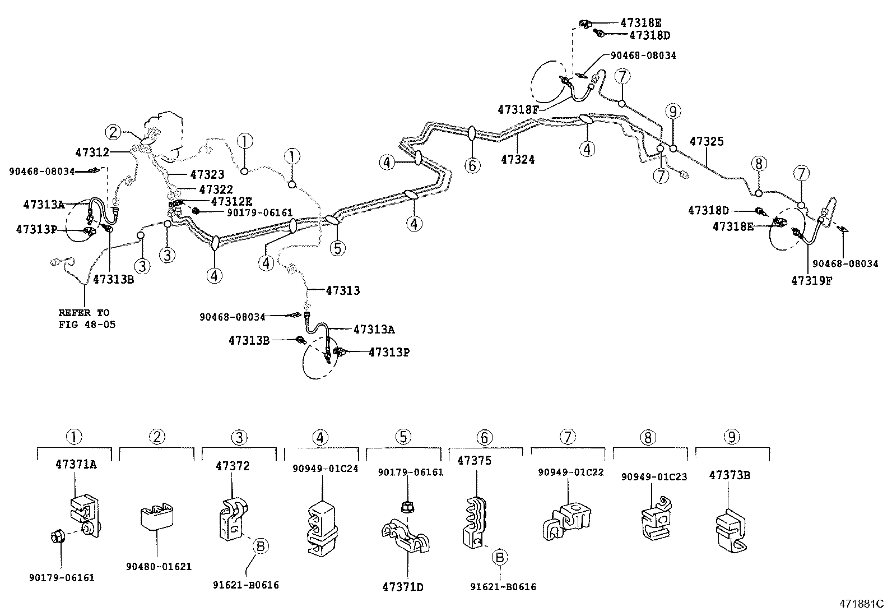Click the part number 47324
(517, 160)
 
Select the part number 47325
(706, 141)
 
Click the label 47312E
(231, 201)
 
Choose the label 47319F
(811, 280)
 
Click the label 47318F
(517, 109)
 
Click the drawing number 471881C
(861, 604)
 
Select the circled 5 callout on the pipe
(337, 248)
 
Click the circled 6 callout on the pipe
(472, 165)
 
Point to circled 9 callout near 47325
(673, 112)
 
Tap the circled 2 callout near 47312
(113, 132)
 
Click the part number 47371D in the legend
(402, 587)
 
